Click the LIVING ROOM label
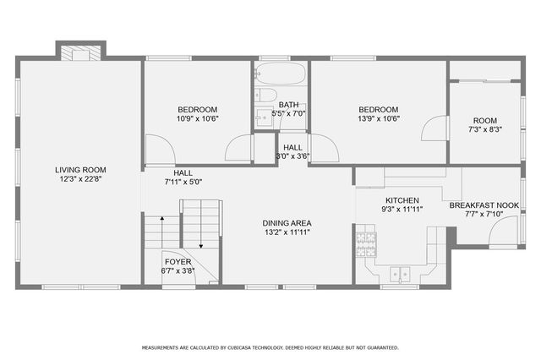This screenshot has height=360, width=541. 81,170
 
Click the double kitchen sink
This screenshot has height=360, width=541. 398,274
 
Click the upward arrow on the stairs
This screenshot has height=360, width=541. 157,232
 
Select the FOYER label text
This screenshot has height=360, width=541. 178,262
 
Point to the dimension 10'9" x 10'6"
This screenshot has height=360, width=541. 197,119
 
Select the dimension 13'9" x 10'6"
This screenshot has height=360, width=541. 378,119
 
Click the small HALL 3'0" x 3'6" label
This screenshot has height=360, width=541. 293,151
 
